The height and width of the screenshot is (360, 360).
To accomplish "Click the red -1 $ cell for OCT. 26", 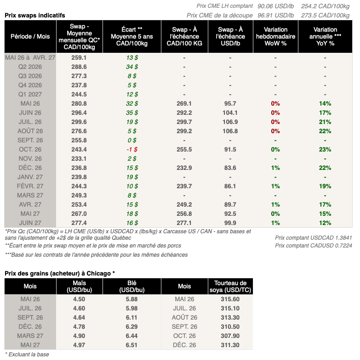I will coord(131,149).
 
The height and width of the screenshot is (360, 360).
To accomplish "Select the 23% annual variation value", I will coord(325,149).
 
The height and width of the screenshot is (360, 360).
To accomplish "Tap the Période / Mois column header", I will coord(30,36).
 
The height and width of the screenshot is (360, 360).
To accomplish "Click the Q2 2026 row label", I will coord(30,67).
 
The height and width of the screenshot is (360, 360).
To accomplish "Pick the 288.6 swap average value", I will coord(79,67).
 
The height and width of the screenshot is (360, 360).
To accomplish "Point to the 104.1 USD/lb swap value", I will coord(230,112).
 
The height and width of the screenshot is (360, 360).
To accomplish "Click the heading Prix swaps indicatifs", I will coord(35,15).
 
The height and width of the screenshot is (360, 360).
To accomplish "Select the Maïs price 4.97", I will coord(79,345).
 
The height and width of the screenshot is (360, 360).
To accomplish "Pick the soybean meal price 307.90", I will coord(230,336).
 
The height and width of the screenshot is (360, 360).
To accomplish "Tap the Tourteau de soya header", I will coord(230,287).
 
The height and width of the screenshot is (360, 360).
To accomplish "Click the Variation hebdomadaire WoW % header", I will coord(275,36).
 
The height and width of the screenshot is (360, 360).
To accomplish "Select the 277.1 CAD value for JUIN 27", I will coord(184,223).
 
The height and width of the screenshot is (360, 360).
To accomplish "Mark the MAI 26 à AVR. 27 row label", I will coord(30,57).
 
